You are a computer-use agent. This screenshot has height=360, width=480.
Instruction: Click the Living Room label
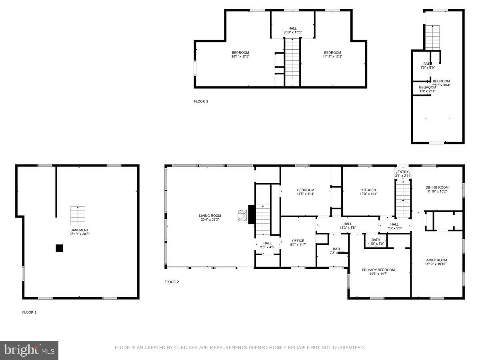[x=210, y=217]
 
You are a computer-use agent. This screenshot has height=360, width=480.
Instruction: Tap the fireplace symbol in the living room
[x=242, y=215]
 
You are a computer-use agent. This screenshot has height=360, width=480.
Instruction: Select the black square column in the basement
[x=59, y=248]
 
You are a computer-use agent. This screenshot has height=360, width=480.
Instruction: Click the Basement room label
[x=80, y=232]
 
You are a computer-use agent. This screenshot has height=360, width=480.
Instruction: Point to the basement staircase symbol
[x=78, y=215]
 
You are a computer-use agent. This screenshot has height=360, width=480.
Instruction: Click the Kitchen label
[x=368, y=192]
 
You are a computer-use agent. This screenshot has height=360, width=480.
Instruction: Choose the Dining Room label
[x=437, y=189]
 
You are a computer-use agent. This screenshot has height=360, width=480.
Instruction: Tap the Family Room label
[x=436, y=262]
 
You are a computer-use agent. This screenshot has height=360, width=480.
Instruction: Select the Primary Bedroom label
[x=378, y=272]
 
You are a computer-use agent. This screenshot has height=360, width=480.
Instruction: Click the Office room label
[x=298, y=242]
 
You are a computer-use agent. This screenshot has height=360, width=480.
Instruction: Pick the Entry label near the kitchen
[x=403, y=173]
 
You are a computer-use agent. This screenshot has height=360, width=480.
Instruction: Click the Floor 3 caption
[x=201, y=102]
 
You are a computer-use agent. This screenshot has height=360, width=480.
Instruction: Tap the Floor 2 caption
[x=172, y=282]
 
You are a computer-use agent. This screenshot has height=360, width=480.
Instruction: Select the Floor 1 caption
[x=29, y=312]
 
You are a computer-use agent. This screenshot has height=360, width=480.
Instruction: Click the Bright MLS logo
[x=29, y=350]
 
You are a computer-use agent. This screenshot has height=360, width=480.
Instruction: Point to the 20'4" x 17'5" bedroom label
[x=240, y=54]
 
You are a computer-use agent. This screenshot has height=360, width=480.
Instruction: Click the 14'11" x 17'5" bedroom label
[x=332, y=54]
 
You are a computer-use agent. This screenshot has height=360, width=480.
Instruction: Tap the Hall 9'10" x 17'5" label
[x=292, y=30]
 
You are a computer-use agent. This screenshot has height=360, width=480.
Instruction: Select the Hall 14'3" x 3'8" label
[x=348, y=226]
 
